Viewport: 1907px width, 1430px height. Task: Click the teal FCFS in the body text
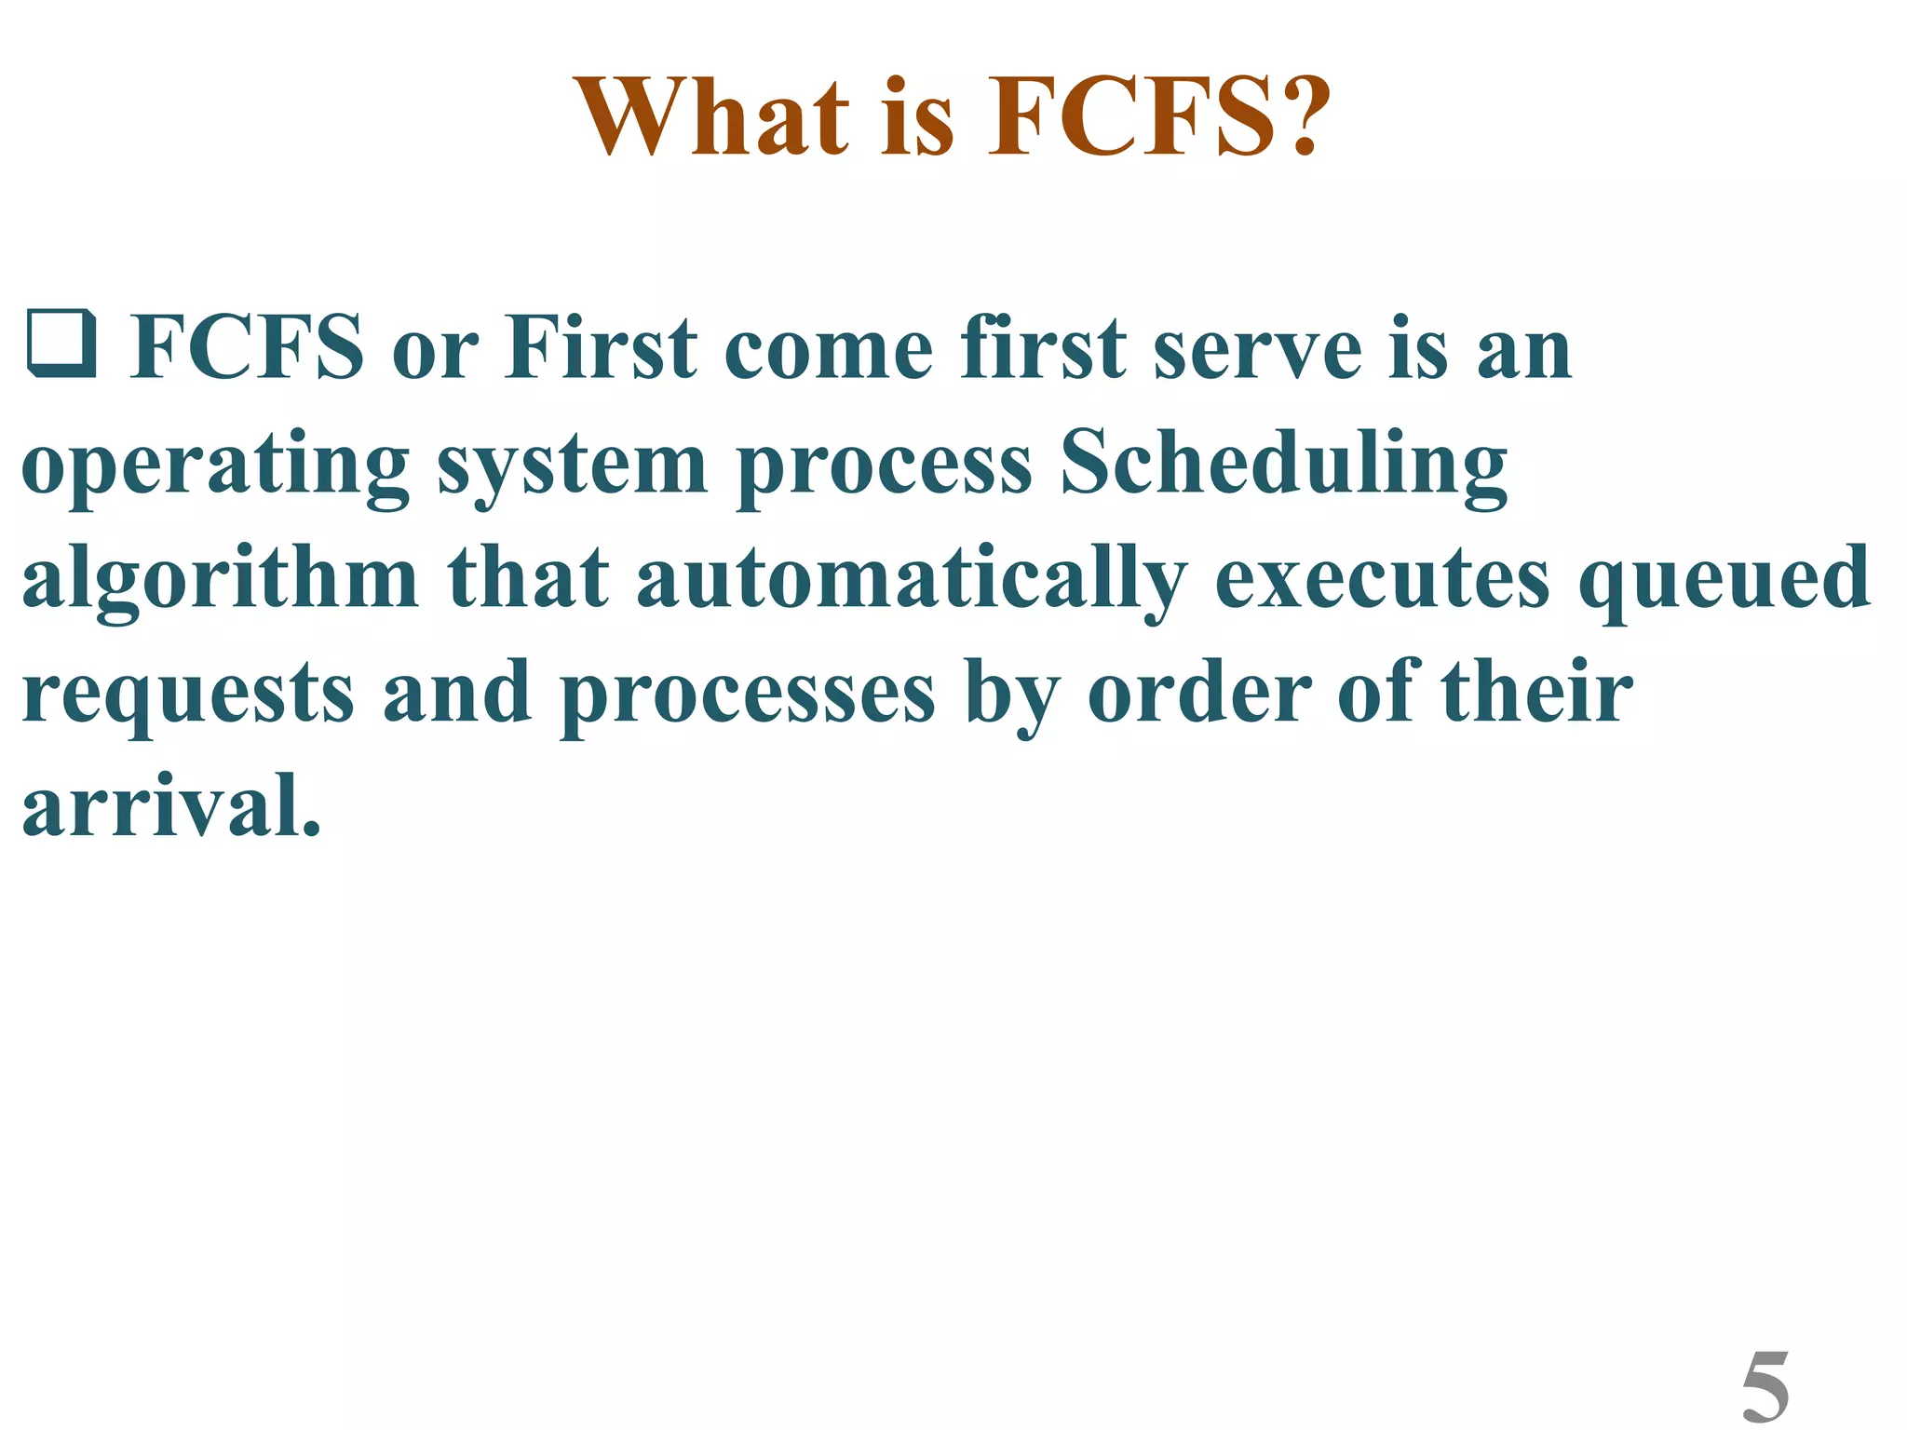[x=246, y=347]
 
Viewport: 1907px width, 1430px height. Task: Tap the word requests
[x=188, y=695]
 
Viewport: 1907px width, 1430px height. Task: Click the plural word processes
[x=747, y=695]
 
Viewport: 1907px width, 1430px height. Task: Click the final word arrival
[x=171, y=805]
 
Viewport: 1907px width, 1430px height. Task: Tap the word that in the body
[x=528, y=577]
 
